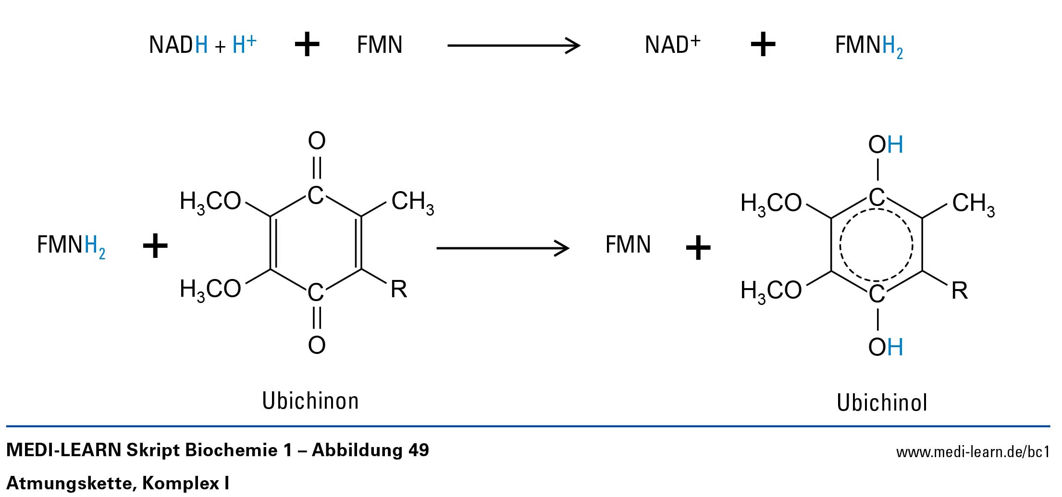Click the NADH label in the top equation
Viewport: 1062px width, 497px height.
pos(178,45)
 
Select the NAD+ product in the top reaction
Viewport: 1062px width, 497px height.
pos(672,45)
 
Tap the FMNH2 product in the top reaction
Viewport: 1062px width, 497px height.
pos(868,46)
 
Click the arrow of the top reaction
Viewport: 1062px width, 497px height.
pos(513,46)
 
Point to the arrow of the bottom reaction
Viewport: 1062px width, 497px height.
pos(502,248)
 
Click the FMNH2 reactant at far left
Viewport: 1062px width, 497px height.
pos(71,245)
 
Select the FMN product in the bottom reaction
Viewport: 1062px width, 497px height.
pos(628,245)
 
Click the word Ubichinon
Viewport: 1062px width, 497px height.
pos(310,400)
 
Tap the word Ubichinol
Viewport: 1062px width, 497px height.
pos(882,402)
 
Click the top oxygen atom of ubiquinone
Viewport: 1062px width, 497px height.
pos(317,141)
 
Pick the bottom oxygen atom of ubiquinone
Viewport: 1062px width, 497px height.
pos(317,345)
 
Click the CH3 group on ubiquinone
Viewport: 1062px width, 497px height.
pos(412,202)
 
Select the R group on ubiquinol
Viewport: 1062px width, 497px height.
pos(960,291)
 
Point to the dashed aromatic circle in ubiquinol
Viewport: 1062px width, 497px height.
pos(877,245)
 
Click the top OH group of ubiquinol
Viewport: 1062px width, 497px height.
pos(885,145)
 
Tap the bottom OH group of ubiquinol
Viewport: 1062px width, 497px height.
pos(885,347)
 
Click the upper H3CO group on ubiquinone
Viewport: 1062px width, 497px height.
pos(210,202)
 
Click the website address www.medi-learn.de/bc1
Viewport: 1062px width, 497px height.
pos(973,452)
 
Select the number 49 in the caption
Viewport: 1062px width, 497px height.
pos(418,450)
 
